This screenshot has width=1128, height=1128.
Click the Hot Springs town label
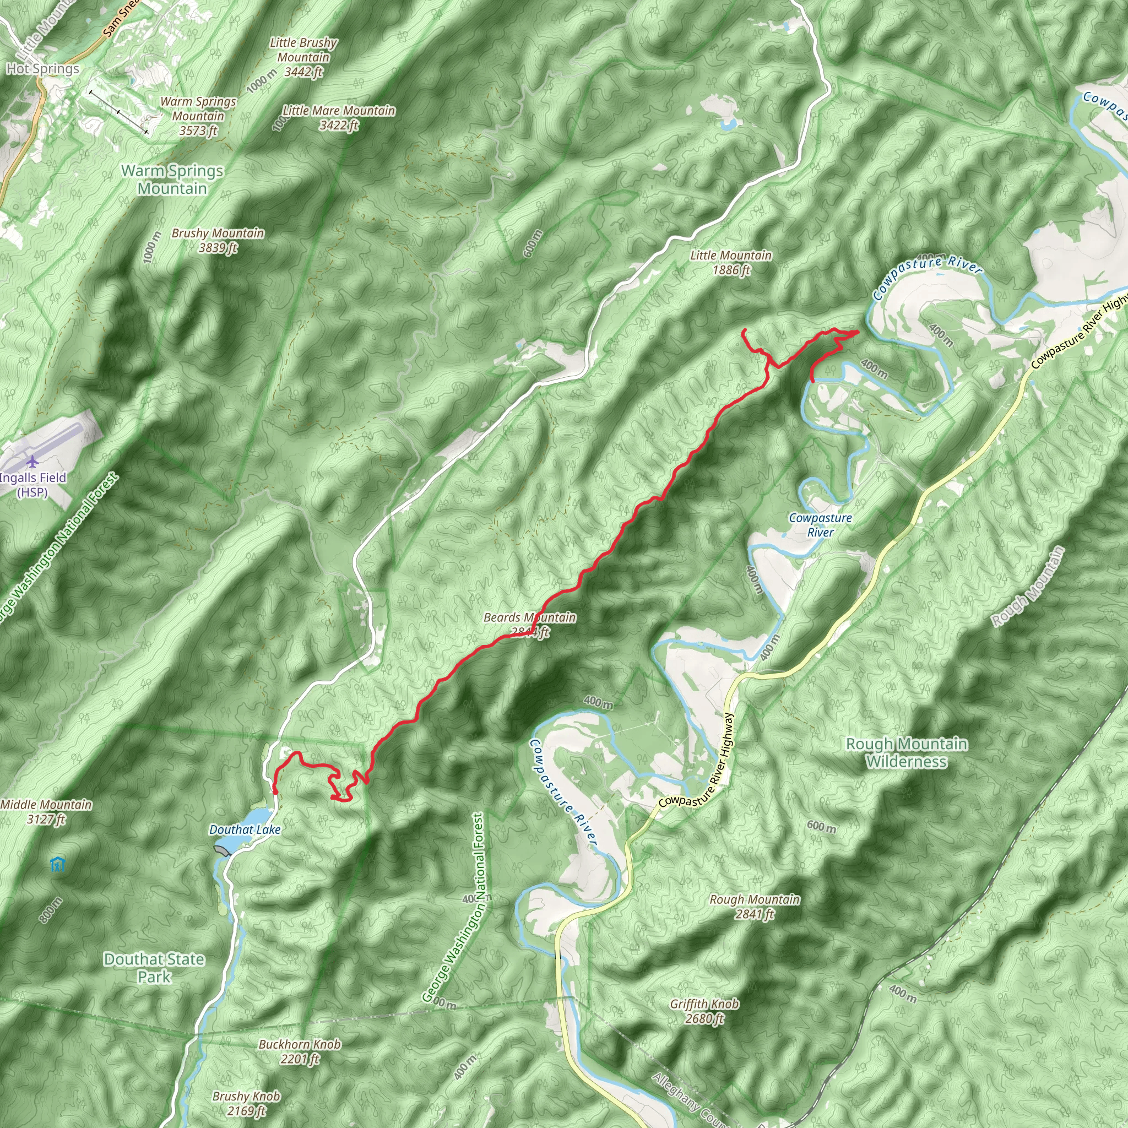pyautogui.click(x=42, y=69)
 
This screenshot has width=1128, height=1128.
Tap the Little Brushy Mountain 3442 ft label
pyautogui.click(x=303, y=57)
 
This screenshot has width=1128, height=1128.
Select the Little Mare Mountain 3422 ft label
pyautogui.click(x=339, y=117)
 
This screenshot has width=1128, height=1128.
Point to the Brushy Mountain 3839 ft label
pyautogui.click(x=218, y=240)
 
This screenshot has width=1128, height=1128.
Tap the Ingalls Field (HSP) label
pyautogui.click(x=32, y=485)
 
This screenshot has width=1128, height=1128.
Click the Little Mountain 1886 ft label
pyautogui.click(x=730, y=262)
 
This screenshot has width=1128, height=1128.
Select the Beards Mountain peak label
pyautogui.click(x=529, y=624)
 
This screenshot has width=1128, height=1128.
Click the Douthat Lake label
pyautogui.click(x=245, y=829)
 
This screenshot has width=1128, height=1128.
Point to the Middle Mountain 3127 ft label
pyautogui.click(x=46, y=811)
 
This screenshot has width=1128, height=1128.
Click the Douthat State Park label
pyautogui.click(x=154, y=968)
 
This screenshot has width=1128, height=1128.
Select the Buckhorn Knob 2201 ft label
pyautogui.click(x=300, y=1051)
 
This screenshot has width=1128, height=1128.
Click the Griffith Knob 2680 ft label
pyautogui.click(x=704, y=1011)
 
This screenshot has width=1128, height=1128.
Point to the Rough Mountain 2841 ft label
pyautogui.click(x=755, y=906)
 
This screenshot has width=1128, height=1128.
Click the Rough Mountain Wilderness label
pyautogui.click(x=906, y=752)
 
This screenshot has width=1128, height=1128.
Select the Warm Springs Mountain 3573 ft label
pyautogui.click(x=198, y=116)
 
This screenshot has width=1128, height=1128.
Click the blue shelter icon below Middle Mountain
pyautogui.click(x=57, y=864)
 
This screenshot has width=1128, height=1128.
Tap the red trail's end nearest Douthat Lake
pyautogui.click(x=275, y=792)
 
